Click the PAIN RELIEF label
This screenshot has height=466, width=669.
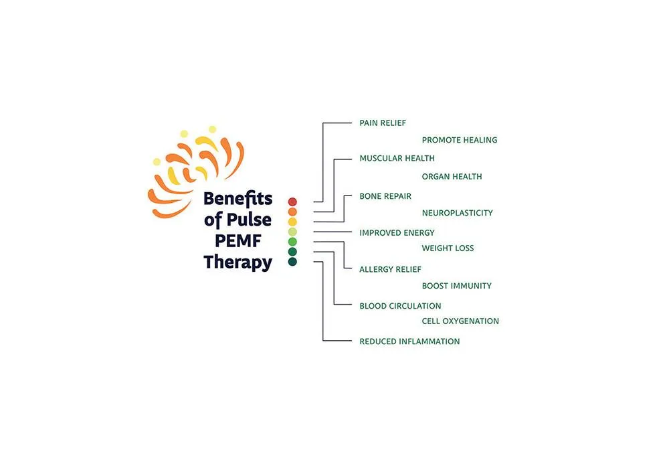(x=383, y=123)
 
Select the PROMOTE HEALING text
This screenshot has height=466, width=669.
(x=460, y=140)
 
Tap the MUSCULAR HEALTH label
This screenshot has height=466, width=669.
(x=397, y=159)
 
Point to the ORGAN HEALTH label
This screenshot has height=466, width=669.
(x=452, y=176)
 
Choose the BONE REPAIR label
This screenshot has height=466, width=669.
(x=385, y=196)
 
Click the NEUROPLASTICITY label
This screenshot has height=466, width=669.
(x=458, y=213)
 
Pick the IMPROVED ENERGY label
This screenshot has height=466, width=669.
(x=397, y=233)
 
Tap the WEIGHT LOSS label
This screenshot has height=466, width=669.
(x=448, y=248)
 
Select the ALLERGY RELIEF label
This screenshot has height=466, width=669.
(x=391, y=270)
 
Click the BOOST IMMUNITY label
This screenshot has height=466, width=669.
(x=456, y=286)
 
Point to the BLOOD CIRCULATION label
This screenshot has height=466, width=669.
(x=400, y=306)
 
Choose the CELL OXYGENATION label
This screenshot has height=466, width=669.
(x=460, y=321)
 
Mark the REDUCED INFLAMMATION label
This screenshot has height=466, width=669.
(x=409, y=341)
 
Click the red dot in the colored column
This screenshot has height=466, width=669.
(x=292, y=202)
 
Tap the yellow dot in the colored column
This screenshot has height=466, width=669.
(x=292, y=222)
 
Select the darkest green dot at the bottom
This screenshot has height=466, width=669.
(x=292, y=261)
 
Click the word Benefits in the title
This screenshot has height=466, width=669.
(x=237, y=199)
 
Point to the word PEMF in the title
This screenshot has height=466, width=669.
(x=237, y=240)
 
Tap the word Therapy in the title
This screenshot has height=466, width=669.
(x=237, y=262)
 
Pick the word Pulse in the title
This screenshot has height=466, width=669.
(x=249, y=220)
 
